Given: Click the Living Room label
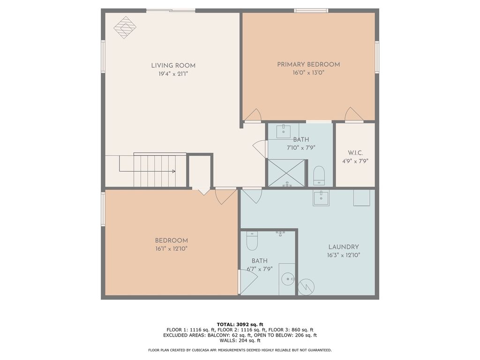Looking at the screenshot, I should (173, 66).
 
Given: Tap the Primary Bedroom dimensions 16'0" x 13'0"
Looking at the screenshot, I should (308, 73).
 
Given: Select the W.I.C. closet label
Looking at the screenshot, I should (355, 153).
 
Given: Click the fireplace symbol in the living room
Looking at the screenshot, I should (125, 27).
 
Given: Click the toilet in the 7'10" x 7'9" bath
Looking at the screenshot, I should (319, 175).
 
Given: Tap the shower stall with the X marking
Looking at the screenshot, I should (286, 173).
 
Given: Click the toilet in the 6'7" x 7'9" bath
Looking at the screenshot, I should (252, 241).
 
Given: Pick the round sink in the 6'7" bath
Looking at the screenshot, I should (287, 280).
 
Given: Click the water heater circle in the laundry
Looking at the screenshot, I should (306, 286).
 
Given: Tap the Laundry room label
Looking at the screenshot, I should (344, 247).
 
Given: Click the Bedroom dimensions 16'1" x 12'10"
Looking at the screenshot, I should (171, 248).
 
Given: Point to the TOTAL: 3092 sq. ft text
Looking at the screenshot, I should (240, 324).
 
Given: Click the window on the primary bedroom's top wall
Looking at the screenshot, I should (311, 10).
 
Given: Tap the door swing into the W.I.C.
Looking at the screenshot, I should (353, 115).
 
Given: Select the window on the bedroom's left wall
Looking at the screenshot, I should (103, 209).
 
